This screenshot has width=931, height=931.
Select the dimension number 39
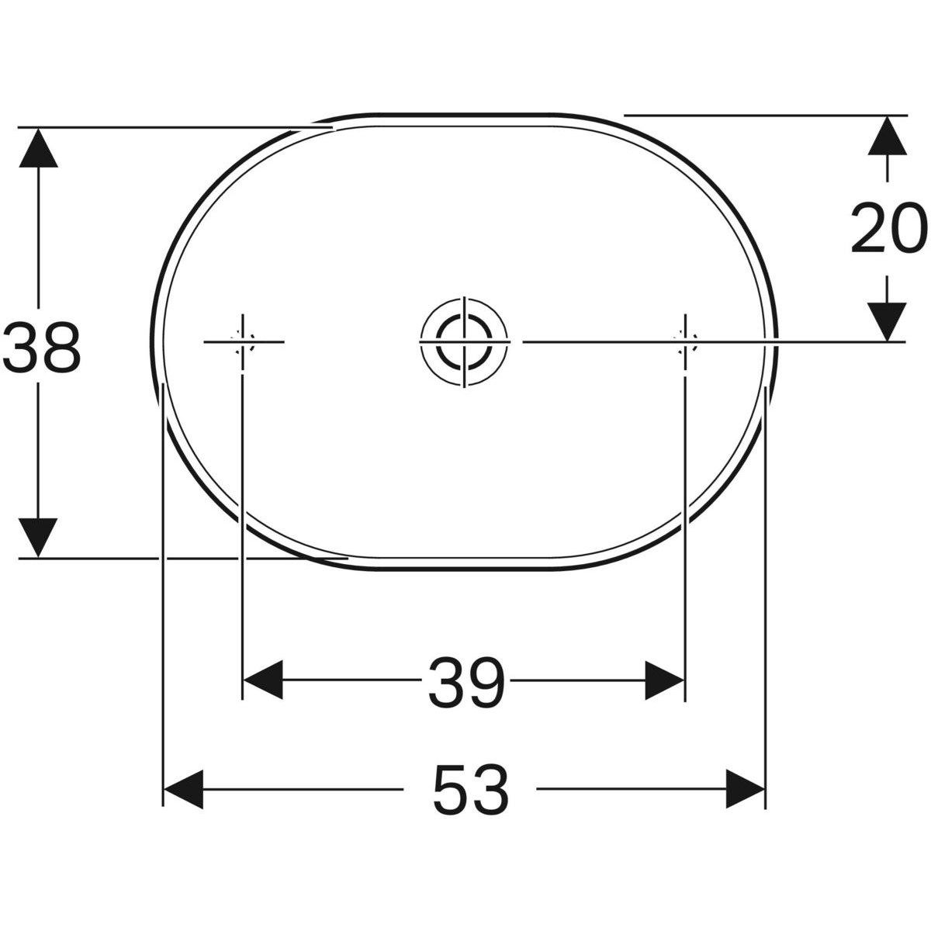coord(466,682)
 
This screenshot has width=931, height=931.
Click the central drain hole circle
coord(464,341)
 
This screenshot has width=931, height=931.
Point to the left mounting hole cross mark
coord(244,341)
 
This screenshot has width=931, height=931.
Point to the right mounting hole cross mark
coord(684,341)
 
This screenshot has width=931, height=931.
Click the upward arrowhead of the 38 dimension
coord(37,147)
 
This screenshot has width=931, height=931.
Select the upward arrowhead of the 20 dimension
coord(887,136)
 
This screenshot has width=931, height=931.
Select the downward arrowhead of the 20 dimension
coord(887,320)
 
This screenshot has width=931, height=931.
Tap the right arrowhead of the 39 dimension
coord(665,680)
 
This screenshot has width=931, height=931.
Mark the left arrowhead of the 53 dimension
coord(184,789)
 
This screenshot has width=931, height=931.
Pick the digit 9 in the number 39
coord(486,682)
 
